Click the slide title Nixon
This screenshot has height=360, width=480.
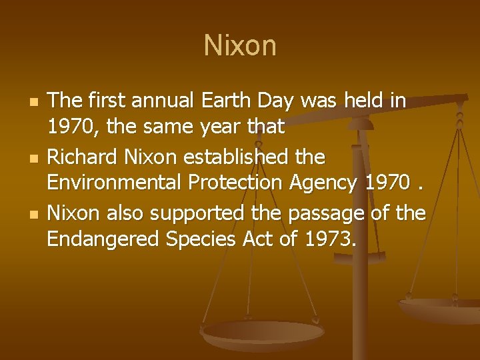click(240, 46)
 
